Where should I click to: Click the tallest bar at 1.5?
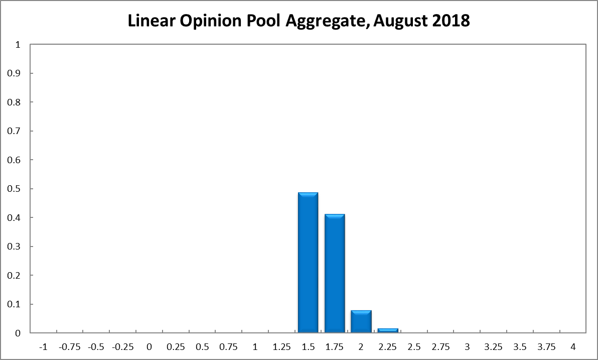click(x=308, y=262)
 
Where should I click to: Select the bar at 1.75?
click(x=335, y=273)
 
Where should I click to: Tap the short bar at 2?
click(x=361, y=321)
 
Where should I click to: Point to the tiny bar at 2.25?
click(x=388, y=330)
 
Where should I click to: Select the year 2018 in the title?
click(x=449, y=21)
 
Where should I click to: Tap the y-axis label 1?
click(x=18, y=45)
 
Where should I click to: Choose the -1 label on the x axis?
click(x=43, y=347)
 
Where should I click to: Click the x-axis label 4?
click(x=573, y=347)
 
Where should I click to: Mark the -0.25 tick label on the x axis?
click(x=122, y=347)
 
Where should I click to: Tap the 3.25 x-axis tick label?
click(x=494, y=347)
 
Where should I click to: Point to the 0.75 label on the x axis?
click(x=229, y=347)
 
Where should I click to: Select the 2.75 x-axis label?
click(x=440, y=347)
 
